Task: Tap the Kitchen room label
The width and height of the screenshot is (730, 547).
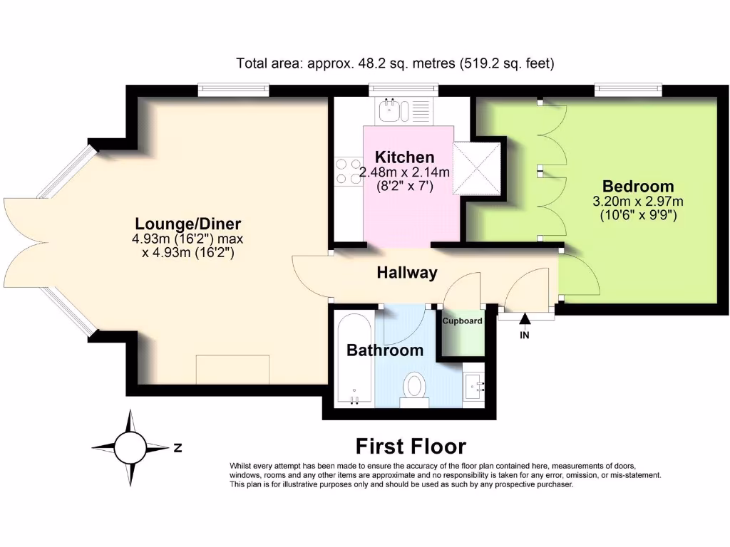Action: [404, 157]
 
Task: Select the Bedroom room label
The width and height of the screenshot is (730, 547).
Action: [638, 185]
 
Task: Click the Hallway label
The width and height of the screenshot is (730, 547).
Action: [406, 273]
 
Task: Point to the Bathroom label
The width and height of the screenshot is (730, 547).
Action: [384, 350]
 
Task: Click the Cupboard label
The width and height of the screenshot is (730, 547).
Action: [462, 321]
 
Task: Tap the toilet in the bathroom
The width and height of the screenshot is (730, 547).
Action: [414, 389]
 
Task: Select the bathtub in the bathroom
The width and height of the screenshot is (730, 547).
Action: [354, 360]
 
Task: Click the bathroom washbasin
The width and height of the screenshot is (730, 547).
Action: [473, 385]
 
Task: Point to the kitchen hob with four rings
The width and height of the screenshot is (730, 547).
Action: [347, 171]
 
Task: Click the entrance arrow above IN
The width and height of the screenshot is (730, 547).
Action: [525, 319]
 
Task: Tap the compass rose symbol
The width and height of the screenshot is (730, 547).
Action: [129, 447]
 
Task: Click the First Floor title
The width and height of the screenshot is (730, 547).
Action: [411, 447]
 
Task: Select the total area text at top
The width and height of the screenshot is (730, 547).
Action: [395, 63]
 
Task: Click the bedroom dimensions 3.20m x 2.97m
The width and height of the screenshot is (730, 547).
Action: [638, 202]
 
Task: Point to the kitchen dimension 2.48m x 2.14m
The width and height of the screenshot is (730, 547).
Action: [404, 172]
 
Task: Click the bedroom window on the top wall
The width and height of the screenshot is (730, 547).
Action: [628, 89]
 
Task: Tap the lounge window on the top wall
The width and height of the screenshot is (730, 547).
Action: [234, 89]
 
